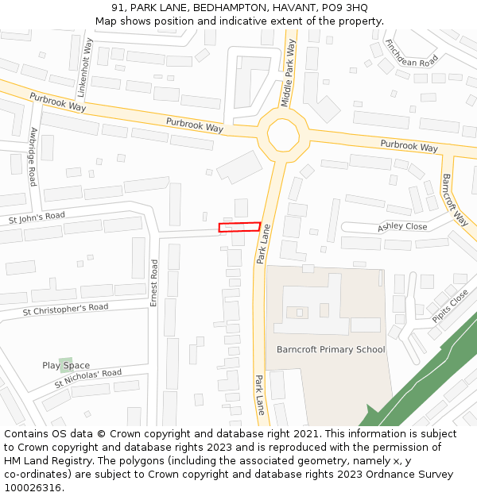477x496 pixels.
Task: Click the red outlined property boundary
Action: coord(239,227)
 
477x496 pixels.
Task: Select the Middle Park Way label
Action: coord(289,73)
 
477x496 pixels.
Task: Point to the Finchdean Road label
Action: coord(411,52)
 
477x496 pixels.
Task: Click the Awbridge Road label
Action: coord(33,156)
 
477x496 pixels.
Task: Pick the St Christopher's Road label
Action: coord(65,308)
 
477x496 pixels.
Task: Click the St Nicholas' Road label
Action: coord(88,378)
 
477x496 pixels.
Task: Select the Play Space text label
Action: coord(66,366)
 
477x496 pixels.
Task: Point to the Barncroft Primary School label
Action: coord(331,349)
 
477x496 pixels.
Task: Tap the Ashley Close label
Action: coord(402,226)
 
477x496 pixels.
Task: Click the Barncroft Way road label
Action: coord(456,199)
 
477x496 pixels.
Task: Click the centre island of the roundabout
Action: coord(282,134)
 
